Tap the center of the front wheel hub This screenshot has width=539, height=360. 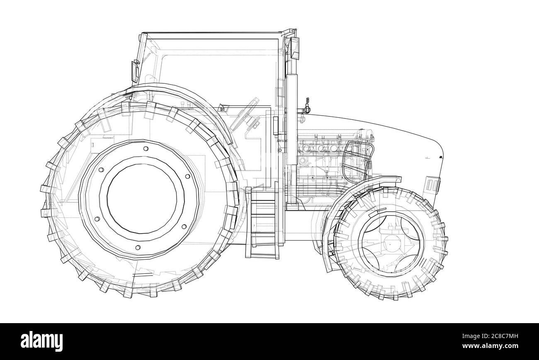coord(390,244)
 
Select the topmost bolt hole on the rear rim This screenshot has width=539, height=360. coord(146,149)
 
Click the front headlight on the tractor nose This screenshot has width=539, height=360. coord(432,184)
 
